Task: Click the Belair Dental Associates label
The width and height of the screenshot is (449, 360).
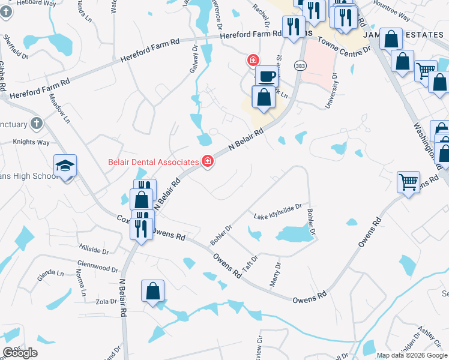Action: pos(153,162)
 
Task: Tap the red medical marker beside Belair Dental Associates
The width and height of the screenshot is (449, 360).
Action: pos(208,161)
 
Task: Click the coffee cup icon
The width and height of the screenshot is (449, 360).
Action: pos(267,76)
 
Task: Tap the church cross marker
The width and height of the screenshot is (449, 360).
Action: pos(36,124)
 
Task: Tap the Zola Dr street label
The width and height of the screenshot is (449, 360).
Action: pos(104,301)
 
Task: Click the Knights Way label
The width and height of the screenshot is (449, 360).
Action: pos(31,142)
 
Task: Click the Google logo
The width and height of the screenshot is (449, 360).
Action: pos(20,353)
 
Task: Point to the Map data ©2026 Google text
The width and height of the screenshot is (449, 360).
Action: pos(411,355)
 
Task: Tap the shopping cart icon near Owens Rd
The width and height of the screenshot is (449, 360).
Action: pos(408,181)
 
